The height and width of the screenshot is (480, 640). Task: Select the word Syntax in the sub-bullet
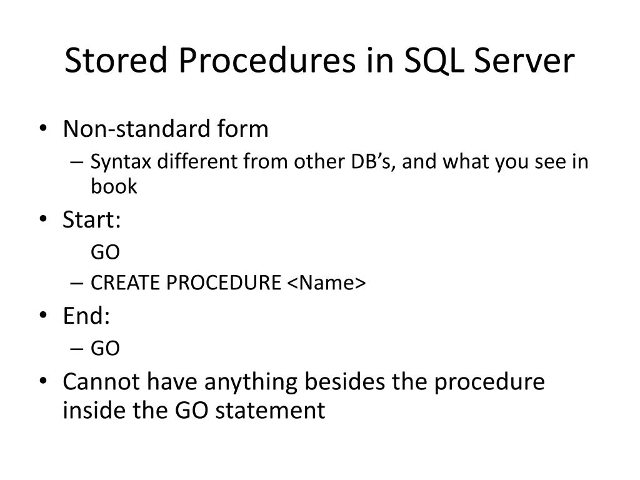click(x=121, y=162)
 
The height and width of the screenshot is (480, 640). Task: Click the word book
click(x=114, y=186)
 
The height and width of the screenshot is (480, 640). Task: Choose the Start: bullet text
click(x=92, y=219)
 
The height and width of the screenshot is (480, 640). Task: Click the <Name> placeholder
click(x=326, y=283)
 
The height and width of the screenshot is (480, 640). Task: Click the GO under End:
click(x=105, y=348)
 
